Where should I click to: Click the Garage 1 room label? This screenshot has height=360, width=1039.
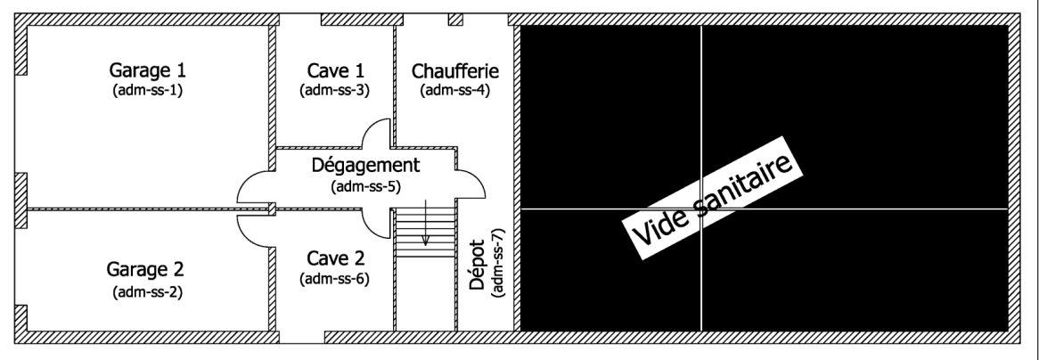148,69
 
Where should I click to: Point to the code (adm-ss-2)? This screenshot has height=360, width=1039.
148,291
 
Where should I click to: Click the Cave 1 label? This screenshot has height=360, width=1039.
336,70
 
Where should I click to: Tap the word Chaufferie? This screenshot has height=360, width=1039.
455,70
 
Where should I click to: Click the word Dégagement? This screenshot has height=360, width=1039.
365,166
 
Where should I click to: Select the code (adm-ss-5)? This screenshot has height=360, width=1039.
365,186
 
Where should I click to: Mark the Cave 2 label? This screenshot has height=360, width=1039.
336,259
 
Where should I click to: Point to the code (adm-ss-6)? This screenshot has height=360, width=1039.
336,279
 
